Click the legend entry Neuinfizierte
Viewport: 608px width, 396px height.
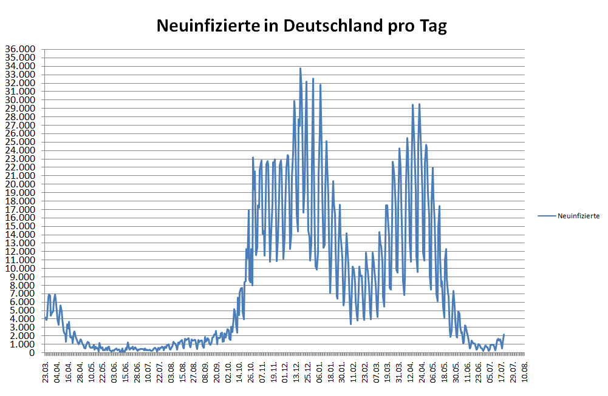pos(579,215)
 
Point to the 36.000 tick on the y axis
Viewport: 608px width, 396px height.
pos(20,49)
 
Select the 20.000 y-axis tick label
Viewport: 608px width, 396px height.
pos(20,184)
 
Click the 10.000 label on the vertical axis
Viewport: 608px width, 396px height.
pos(20,269)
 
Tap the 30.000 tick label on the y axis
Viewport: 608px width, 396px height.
pos(20,100)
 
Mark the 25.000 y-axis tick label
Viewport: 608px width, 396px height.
pos(20,142)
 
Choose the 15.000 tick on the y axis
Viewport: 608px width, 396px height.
pos(20,226)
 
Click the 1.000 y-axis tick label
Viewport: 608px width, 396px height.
pos(22,344)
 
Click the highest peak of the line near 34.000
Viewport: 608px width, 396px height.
pos(300,69)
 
